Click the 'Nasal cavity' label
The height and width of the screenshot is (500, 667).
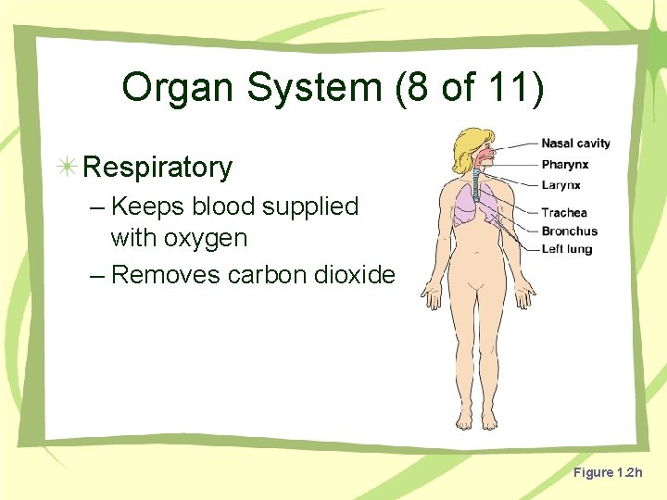tap(575, 144)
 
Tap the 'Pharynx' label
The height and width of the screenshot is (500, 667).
tap(564, 165)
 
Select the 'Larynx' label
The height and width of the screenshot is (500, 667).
tap(560, 185)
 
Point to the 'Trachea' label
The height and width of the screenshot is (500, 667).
tap(564, 213)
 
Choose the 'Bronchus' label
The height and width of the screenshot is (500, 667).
tap(569, 231)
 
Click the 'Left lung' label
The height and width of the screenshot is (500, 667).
tap(566, 249)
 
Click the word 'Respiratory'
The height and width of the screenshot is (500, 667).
tap(157, 168)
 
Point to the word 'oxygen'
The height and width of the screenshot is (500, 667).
tap(207, 239)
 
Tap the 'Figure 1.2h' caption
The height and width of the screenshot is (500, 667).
tap(607, 473)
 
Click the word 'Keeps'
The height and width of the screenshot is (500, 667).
tap(147, 206)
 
